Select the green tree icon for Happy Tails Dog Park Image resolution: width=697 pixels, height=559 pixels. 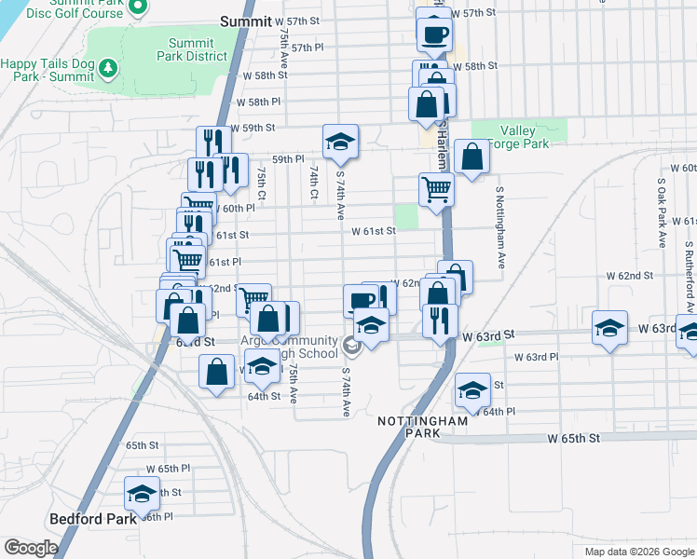tap(109, 67)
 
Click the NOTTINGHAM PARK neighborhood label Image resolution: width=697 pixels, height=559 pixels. tap(422, 428)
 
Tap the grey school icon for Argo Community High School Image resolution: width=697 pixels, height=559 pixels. tap(352, 347)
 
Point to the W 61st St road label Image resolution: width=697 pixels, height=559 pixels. tap(374, 231)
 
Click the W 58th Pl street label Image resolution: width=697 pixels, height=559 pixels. tap(258, 102)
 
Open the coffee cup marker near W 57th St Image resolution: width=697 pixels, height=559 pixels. tap(434, 34)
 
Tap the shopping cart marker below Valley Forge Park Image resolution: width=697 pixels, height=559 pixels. tap(435, 189)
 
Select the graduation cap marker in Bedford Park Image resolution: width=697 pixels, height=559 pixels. tap(142, 493)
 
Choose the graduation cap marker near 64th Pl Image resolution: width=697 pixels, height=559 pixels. tap(472, 389)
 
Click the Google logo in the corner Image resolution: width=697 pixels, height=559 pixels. tap(31, 548)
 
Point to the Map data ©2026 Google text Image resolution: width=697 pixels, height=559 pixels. tap(639, 552)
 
